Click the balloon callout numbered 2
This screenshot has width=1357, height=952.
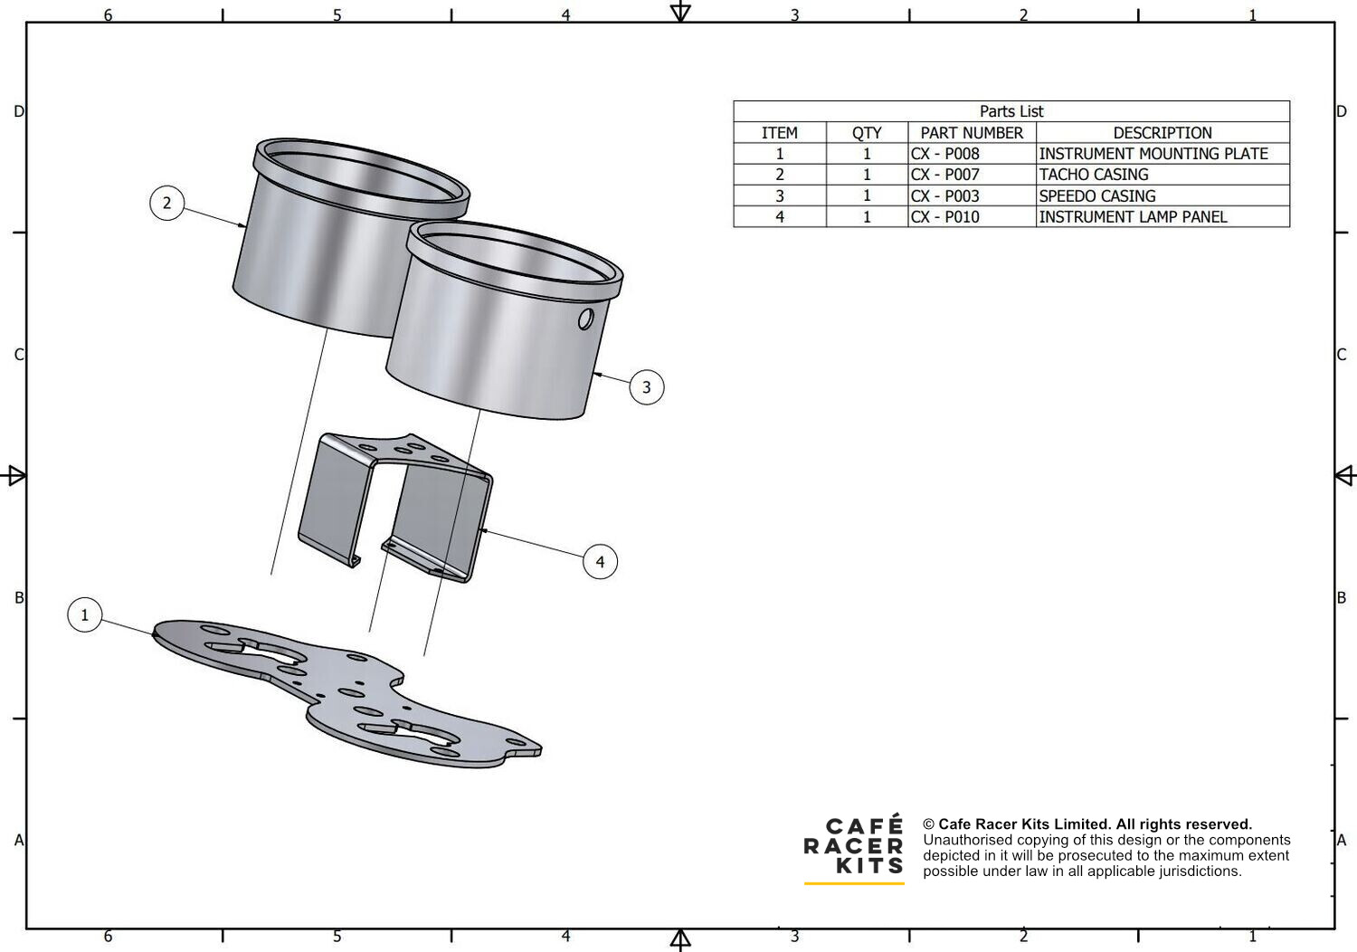click(166, 203)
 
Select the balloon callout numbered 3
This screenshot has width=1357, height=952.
click(647, 387)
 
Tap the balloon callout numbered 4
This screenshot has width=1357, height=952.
click(600, 562)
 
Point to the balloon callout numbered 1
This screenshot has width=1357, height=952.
click(84, 614)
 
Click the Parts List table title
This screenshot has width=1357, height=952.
click(1011, 111)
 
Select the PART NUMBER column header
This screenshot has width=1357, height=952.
click(972, 133)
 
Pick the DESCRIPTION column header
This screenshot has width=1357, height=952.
click(1162, 133)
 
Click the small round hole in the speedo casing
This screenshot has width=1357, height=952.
click(586, 319)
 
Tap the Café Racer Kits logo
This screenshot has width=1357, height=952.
click(854, 845)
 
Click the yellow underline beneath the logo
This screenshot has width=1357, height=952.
click(854, 883)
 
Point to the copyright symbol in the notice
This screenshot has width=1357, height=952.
click(929, 824)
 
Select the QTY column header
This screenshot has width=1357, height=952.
click(867, 133)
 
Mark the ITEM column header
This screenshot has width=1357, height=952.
click(780, 133)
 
